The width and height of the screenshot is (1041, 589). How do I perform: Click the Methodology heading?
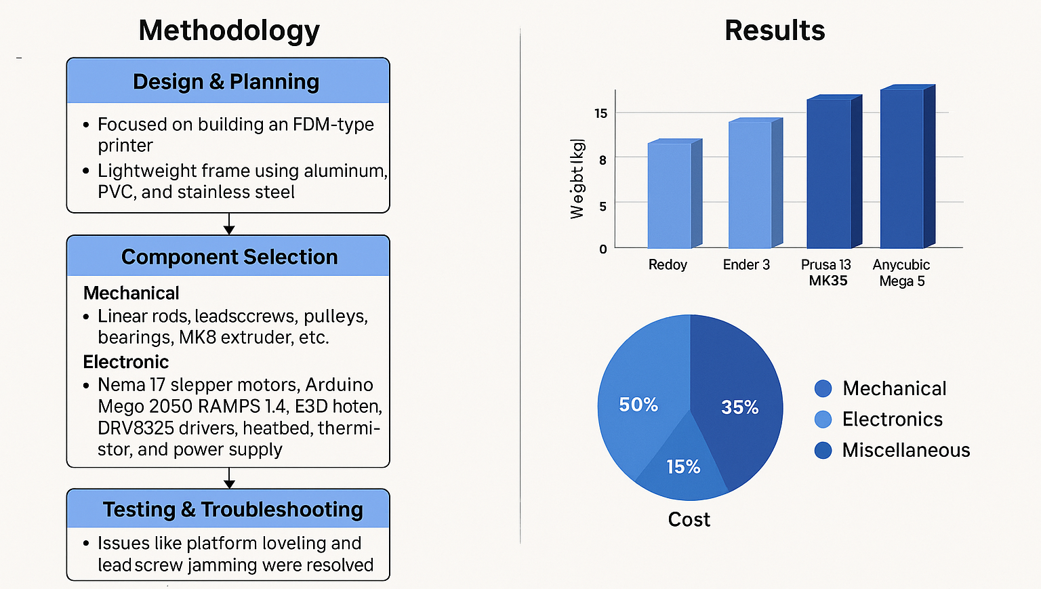point(229,31)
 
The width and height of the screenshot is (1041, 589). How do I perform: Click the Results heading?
point(775,31)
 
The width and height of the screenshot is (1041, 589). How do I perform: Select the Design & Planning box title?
point(226,82)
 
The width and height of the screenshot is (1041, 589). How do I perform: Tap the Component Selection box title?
point(229,257)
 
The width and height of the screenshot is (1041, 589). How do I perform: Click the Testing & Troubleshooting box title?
point(232,509)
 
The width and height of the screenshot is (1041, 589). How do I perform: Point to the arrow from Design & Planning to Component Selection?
point(229,224)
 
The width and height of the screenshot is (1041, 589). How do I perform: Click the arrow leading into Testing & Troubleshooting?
point(229,479)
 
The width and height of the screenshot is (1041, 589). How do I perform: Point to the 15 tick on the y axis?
point(601,113)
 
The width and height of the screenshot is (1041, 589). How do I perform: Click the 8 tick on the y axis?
point(603,160)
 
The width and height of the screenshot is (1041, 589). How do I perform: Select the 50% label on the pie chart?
point(638,405)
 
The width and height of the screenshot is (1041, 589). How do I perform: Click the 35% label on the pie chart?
point(739,407)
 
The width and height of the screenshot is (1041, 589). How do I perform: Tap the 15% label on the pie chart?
point(683,466)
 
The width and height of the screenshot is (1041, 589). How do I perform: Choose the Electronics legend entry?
point(892,420)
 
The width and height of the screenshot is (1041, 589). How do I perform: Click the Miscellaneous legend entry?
point(905,450)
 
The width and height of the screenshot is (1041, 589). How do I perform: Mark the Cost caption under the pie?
point(689,519)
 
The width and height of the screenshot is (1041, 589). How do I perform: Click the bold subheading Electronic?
point(126,362)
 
